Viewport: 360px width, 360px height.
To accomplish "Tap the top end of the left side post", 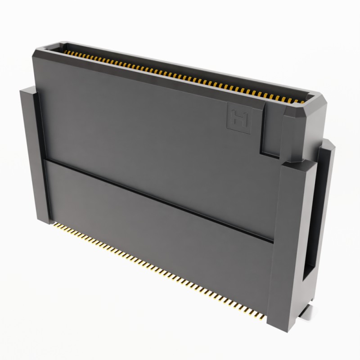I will (27, 90).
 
